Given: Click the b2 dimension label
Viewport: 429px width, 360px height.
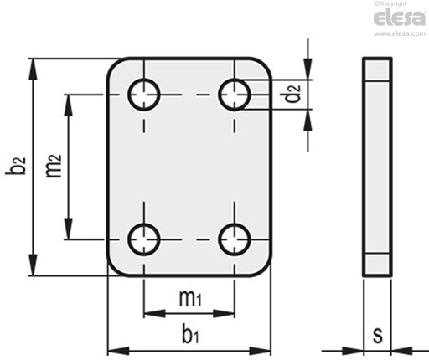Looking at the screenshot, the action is [x=16, y=166].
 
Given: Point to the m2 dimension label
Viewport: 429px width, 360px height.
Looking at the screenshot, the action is [x=53, y=166].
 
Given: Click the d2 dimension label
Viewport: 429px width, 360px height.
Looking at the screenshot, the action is [x=292, y=94].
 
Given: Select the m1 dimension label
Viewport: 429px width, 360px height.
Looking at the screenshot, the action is [x=190, y=298].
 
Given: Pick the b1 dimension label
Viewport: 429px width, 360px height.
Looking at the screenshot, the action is [x=190, y=333].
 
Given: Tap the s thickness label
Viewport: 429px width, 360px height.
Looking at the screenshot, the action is [x=378, y=335].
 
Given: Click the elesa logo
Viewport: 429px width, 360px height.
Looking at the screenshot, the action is [x=400, y=18].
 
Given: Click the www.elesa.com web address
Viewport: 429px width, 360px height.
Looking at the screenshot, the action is [x=400, y=33].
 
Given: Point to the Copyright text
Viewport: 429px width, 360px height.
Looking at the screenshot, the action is [x=390, y=3].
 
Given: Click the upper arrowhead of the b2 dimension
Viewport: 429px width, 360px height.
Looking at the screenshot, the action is [x=34, y=69].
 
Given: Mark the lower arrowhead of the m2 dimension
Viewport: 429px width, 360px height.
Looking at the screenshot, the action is [x=68, y=229].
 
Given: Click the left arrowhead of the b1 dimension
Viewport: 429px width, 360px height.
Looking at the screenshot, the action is [x=118, y=351].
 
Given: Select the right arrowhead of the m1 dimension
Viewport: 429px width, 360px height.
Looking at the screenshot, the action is [x=224, y=313].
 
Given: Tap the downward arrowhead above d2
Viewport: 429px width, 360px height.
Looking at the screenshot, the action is [x=308, y=69].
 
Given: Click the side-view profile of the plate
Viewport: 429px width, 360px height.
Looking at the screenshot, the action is [x=377, y=167].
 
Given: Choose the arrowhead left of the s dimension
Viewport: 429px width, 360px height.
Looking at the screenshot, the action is [x=353, y=351].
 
